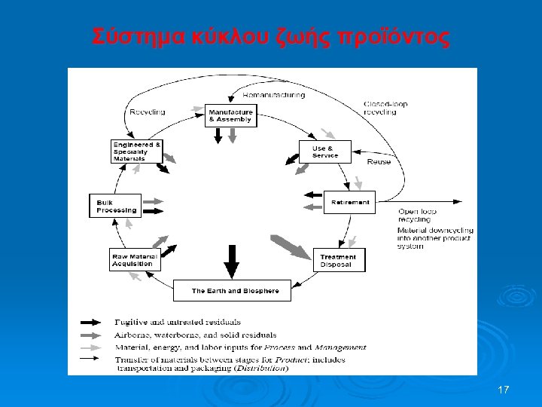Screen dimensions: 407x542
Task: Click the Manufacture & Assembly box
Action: click(230, 115)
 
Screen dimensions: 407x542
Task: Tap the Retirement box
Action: click(350, 202)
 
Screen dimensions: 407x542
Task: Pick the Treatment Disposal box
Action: click(338, 260)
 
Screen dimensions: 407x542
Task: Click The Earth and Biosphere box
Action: click(232, 290)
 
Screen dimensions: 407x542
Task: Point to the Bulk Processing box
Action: click(115, 206)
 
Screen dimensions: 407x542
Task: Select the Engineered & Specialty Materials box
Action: click(135, 151)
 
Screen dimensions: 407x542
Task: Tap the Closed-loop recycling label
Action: click(381, 107)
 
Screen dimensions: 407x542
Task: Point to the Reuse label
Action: click(378, 161)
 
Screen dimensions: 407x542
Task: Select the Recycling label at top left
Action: click(147, 112)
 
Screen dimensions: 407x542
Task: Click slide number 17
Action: click(504, 390)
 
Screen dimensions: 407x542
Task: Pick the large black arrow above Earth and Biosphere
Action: click(232, 260)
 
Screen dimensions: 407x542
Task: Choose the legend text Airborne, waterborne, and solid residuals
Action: click(195, 335)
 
